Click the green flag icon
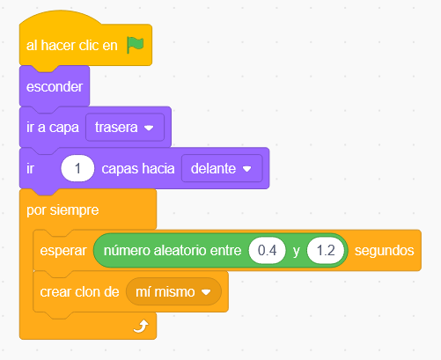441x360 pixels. tap(135, 45)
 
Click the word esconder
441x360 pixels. tap(55, 87)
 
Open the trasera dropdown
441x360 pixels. tap(125, 128)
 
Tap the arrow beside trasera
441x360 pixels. tap(149, 128)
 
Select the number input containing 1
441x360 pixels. tap(77, 168)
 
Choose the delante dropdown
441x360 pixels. tap(222, 168)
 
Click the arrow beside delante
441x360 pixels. tap(246, 169)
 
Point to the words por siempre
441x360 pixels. tap(62, 210)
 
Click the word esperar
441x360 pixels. tap(63, 251)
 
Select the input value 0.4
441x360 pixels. tap(267, 251)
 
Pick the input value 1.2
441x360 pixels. tap(326, 251)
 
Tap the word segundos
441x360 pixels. tap(385, 251)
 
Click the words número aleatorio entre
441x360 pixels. tap(173, 251)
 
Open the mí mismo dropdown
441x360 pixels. tap(173, 291)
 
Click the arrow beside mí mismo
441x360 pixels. tap(206, 292)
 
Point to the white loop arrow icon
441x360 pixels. tap(141, 327)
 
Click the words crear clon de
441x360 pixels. tap(79, 292)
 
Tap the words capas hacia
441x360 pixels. tap(138, 169)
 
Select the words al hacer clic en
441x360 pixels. tap(72, 46)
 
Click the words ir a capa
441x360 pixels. tap(53, 128)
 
